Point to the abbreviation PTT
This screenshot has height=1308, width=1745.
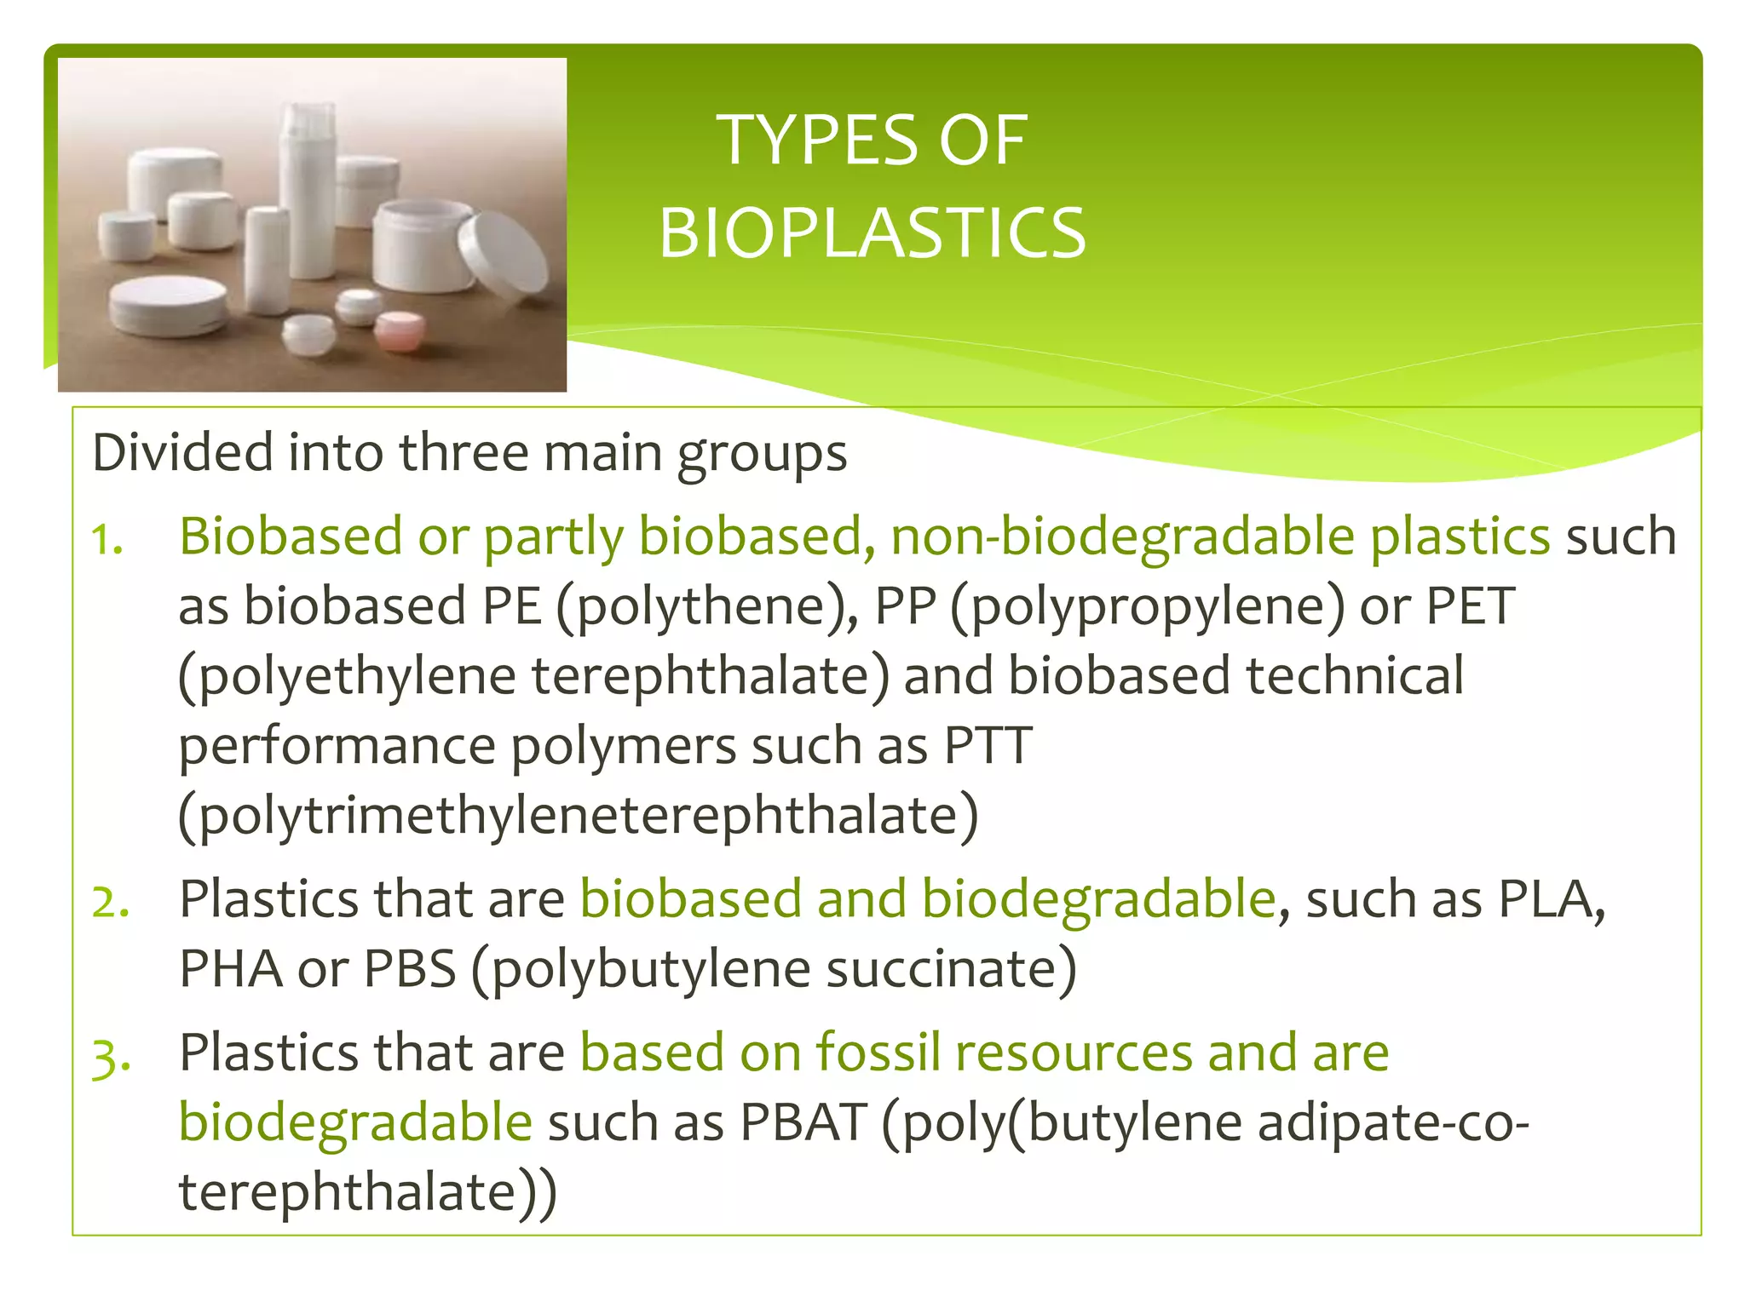click(988, 745)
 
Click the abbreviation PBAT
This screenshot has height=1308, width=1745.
click(803, 1122)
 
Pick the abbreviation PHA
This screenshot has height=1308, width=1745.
click(231, 968)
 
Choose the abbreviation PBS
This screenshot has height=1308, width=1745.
click(410, 968)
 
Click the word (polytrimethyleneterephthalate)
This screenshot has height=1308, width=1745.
click(579, 816)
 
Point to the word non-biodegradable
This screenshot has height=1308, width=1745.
click(1122, 536)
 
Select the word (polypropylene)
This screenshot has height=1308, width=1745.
click(1147, 607)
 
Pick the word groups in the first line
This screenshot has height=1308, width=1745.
click(762, 453)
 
